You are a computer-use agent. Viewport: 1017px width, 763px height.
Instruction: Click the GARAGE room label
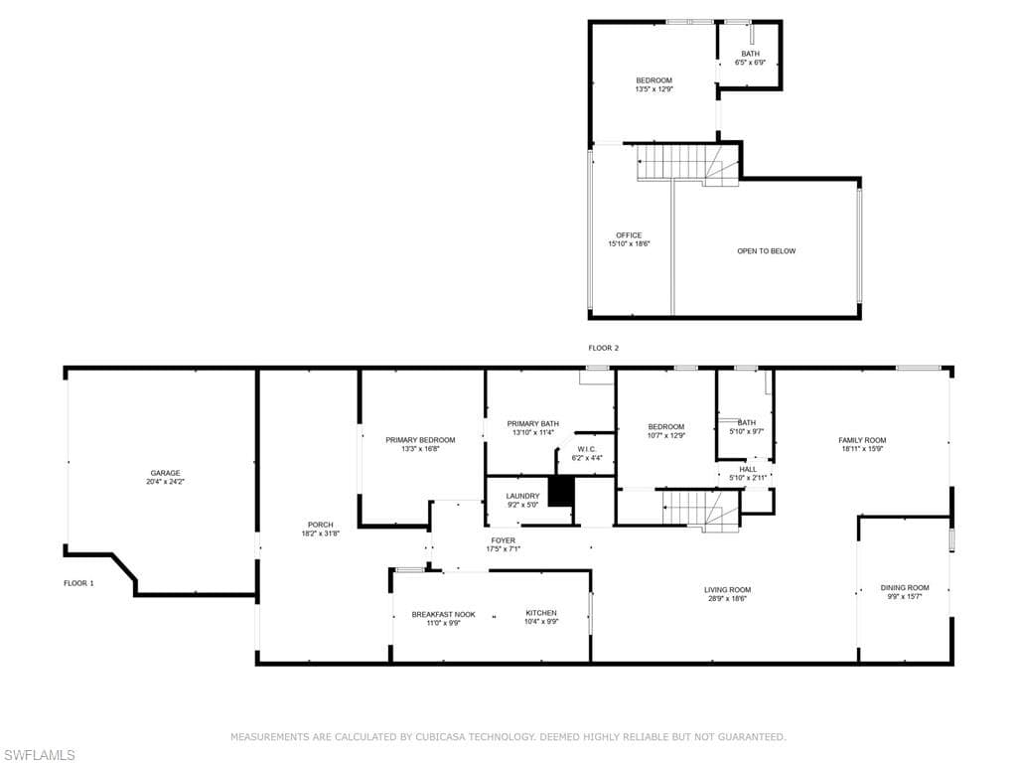[x=166, y=473]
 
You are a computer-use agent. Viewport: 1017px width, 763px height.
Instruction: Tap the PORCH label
[x=321, y=525]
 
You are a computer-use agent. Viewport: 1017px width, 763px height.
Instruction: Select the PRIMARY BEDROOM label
[x=420, y=440]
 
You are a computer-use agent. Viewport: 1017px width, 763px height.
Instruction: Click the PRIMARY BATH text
[x=533, y=423]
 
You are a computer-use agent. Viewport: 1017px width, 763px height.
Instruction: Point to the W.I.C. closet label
[x=587, y=449]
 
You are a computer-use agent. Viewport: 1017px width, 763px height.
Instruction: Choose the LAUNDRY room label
[x=522, y=497]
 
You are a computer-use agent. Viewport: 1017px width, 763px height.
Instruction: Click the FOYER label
[x=504, y=540]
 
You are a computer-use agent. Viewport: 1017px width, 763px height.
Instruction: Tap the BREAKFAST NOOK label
[x=444, y=614]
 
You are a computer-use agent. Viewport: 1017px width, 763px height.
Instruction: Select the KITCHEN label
[x=541, y=613]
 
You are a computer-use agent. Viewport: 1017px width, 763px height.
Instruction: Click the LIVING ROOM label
[x=728, y=590]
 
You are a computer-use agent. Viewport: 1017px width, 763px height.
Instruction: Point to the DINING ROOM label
[x=905, y=588]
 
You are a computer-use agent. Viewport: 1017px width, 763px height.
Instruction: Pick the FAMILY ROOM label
[x=862, y=440]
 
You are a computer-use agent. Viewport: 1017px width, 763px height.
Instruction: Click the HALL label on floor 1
[x=748, y=469]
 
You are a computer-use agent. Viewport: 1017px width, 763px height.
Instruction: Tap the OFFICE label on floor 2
[x=629, y=235]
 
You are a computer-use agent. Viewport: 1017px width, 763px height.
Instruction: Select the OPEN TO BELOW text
[x=766, y=251]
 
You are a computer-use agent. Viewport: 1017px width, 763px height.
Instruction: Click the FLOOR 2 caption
[x=603, y=348]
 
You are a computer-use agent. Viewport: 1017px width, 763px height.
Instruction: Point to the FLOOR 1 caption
[x=78, y=583]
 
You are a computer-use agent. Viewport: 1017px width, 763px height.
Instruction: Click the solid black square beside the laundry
[x=562, y=491]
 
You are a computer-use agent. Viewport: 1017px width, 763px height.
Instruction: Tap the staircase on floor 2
[x=687, y=165]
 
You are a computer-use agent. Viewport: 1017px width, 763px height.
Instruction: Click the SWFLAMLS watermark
[x=38, y=755]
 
